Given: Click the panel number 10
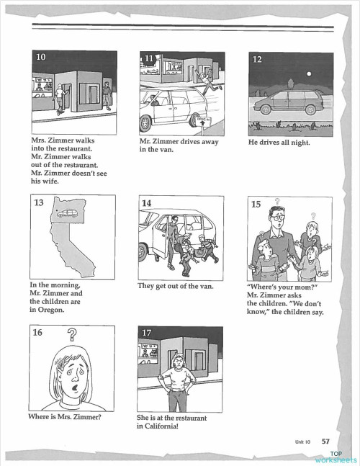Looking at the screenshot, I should tap(41, 58).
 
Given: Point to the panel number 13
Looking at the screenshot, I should tap(40, 203).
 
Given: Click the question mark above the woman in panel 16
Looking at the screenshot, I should tap(72, 334).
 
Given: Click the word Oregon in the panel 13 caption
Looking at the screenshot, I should tap(49, 310).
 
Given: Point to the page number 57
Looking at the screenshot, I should tap(325, 442).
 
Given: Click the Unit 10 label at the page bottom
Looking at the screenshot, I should tap(302, 442).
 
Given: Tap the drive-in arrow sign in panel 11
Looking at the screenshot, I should tap(208, 123).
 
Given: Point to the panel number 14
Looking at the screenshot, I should tap(147, 203).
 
